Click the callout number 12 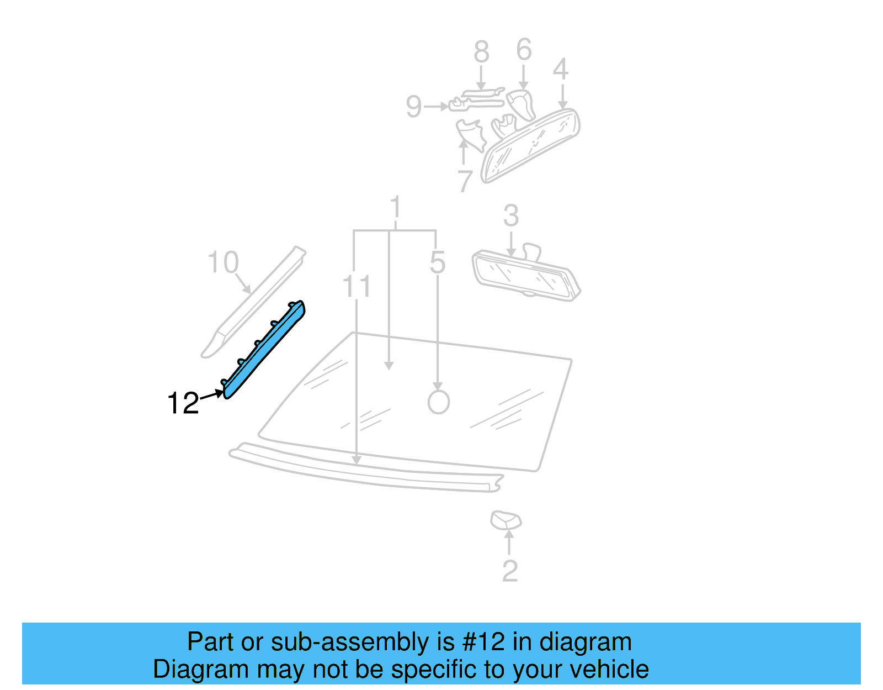click(x=183, y=403)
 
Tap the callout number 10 click(x=223, y=262)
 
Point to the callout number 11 click(x=357, y=287)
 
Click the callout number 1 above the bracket click(x=395, y=208)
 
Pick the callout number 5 click(x=437, y=262)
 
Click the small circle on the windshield click(x=439, y=402)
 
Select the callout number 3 click(x=511, y=216)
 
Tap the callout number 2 click(x=510, y=571)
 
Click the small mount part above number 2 click(x=506, y=520)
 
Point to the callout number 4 click(x=561, y=69)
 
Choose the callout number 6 click(x=524, y=50)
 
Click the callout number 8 click(x=481, y=52)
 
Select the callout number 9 click(x=413, y=107)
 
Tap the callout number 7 click(x=465, y=181)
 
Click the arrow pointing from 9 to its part click(x=437, y=106)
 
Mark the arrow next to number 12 click(x=212, y=395)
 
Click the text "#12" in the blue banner click(x=483, y=642)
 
